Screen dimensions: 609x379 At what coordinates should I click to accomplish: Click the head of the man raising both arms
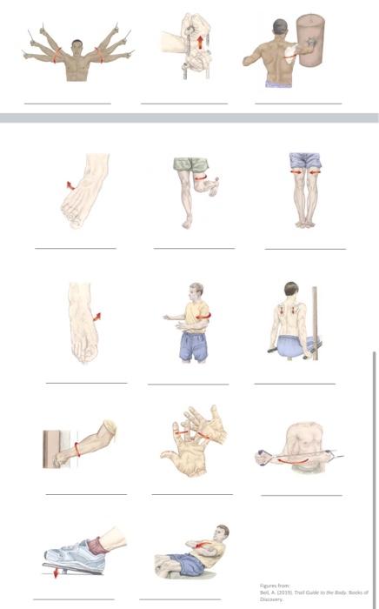point(77,45)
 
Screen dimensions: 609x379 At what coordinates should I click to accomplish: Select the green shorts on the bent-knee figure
point(191,164)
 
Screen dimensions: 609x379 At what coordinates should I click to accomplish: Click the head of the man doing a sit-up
point(223,532)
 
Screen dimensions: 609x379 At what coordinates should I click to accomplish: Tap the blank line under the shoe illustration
point(74,599)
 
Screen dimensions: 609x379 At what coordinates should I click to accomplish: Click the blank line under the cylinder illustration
point(298,104)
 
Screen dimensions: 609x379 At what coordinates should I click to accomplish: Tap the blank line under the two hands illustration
point(192,494)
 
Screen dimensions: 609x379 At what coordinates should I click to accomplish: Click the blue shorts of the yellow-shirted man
point(192,346)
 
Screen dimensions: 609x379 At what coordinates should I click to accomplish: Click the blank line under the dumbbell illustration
point(301,495)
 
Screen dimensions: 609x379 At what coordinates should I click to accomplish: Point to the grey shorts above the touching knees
point(304,161)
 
